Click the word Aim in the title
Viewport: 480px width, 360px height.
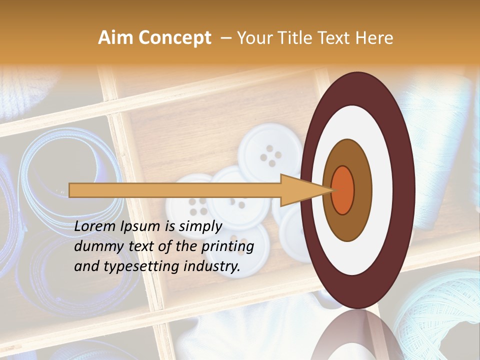(x=115, y=38)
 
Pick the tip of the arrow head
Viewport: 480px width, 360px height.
(x=331, y=190)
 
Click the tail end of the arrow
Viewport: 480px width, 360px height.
(x=70, y=190)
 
